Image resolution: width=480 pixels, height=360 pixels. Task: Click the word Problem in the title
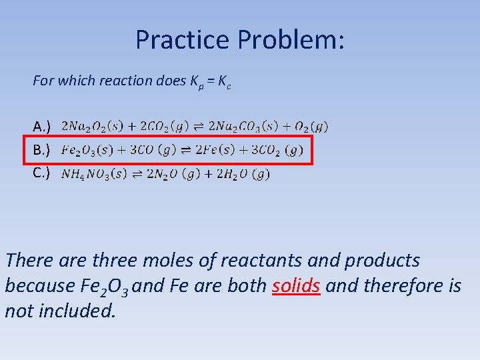[291, 40]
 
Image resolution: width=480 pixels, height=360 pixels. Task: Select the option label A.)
[42, 127]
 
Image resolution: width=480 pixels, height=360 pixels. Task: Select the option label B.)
[42, 151]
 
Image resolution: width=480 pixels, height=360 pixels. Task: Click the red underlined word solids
[297, 285]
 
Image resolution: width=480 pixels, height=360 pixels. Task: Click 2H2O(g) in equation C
[243, 174]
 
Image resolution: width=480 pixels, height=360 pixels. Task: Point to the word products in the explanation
[382, 261]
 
